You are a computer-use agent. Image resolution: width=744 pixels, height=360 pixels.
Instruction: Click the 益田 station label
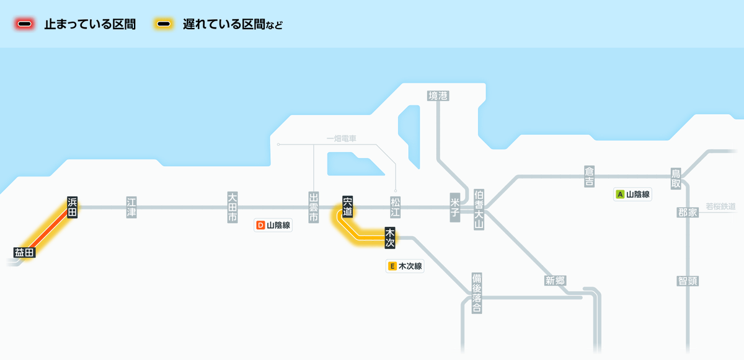[x=25, y=252]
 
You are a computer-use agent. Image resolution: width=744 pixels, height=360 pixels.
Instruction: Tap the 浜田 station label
[x=72, y=207]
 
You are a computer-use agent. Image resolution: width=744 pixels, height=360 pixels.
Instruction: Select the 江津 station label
[x=131, y=207]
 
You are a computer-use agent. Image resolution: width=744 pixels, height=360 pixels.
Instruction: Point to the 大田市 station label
[x=232, y=207]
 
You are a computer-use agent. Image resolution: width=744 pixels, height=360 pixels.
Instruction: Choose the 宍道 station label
[x=347, y=207]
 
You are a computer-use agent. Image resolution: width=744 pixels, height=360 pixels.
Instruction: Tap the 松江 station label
[x=396, y=207]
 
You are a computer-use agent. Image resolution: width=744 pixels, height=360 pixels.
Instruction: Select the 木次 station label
[x=390, y=237]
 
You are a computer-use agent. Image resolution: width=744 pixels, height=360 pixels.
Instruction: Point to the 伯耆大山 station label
[x=478, y=209]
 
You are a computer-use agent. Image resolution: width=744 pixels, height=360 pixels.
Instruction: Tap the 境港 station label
[x=438, y=95]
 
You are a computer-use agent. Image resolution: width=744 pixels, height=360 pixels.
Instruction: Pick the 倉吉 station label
[x=589, y=176]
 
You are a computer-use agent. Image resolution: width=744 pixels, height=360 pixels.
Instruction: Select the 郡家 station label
[x=688, y=213]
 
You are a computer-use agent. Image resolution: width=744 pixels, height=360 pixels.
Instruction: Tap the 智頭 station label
[x=688, y=281]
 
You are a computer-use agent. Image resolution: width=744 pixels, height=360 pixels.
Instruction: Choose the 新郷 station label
[x=555, y=281]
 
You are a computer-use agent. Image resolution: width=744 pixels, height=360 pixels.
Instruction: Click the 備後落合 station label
[x=476, y=292]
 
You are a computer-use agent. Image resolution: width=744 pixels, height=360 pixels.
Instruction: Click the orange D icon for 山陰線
[x=260, y=226]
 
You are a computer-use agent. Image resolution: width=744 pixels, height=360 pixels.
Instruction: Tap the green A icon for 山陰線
[x=619, y=194]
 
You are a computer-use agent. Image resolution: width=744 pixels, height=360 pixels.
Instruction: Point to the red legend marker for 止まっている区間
[x=25, y=24]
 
